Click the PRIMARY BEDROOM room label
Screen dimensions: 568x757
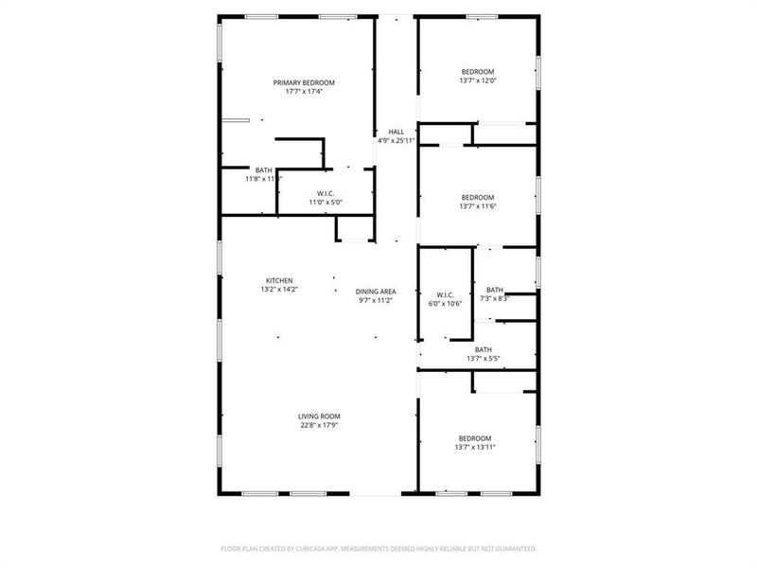(304, 82)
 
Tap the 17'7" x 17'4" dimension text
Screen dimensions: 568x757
(304, 92)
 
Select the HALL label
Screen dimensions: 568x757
(396, 132)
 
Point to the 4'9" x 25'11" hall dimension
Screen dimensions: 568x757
(396, 141)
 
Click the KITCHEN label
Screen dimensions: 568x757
(278, 280)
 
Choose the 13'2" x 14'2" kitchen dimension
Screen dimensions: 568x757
(278, 290)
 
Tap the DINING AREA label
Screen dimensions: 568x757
(376, 291)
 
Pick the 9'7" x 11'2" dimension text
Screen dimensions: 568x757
(376, 300)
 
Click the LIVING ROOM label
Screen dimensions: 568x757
(319, 416)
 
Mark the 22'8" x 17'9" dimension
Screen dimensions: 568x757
(319, 425)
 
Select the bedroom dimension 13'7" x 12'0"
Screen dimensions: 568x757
(478, 81)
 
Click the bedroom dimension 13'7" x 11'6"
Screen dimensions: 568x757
(478, 206)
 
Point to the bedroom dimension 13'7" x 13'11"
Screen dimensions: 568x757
(475, 447)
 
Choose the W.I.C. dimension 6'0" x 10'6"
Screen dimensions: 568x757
(445, 304)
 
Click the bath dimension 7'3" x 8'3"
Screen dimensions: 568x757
(496, 298)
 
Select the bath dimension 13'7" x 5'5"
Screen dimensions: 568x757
(484, 359)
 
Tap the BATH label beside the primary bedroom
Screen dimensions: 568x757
(263, 169)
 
